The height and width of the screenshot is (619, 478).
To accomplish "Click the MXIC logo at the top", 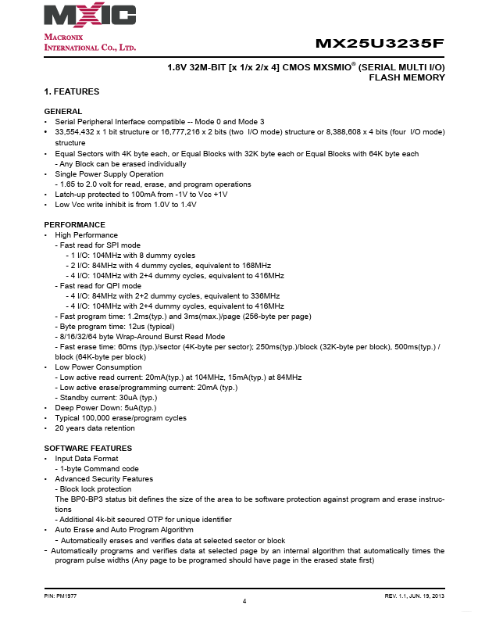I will [x=90, y=16].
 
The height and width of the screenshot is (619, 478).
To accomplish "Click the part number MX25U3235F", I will [x=380, y=44].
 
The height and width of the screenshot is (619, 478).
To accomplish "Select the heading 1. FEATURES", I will [x=72, y=92].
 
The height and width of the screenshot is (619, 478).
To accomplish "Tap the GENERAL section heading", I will [x=63, y=112].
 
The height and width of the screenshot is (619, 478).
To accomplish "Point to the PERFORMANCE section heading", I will [x=75, y=225].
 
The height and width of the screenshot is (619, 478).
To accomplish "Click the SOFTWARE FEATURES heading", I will [x=88, y=448].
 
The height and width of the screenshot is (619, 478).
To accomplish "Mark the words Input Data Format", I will [x=87, y=458].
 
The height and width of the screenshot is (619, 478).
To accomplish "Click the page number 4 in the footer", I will [x=244, y=601].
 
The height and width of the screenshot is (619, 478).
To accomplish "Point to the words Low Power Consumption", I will [x=98, y=367].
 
